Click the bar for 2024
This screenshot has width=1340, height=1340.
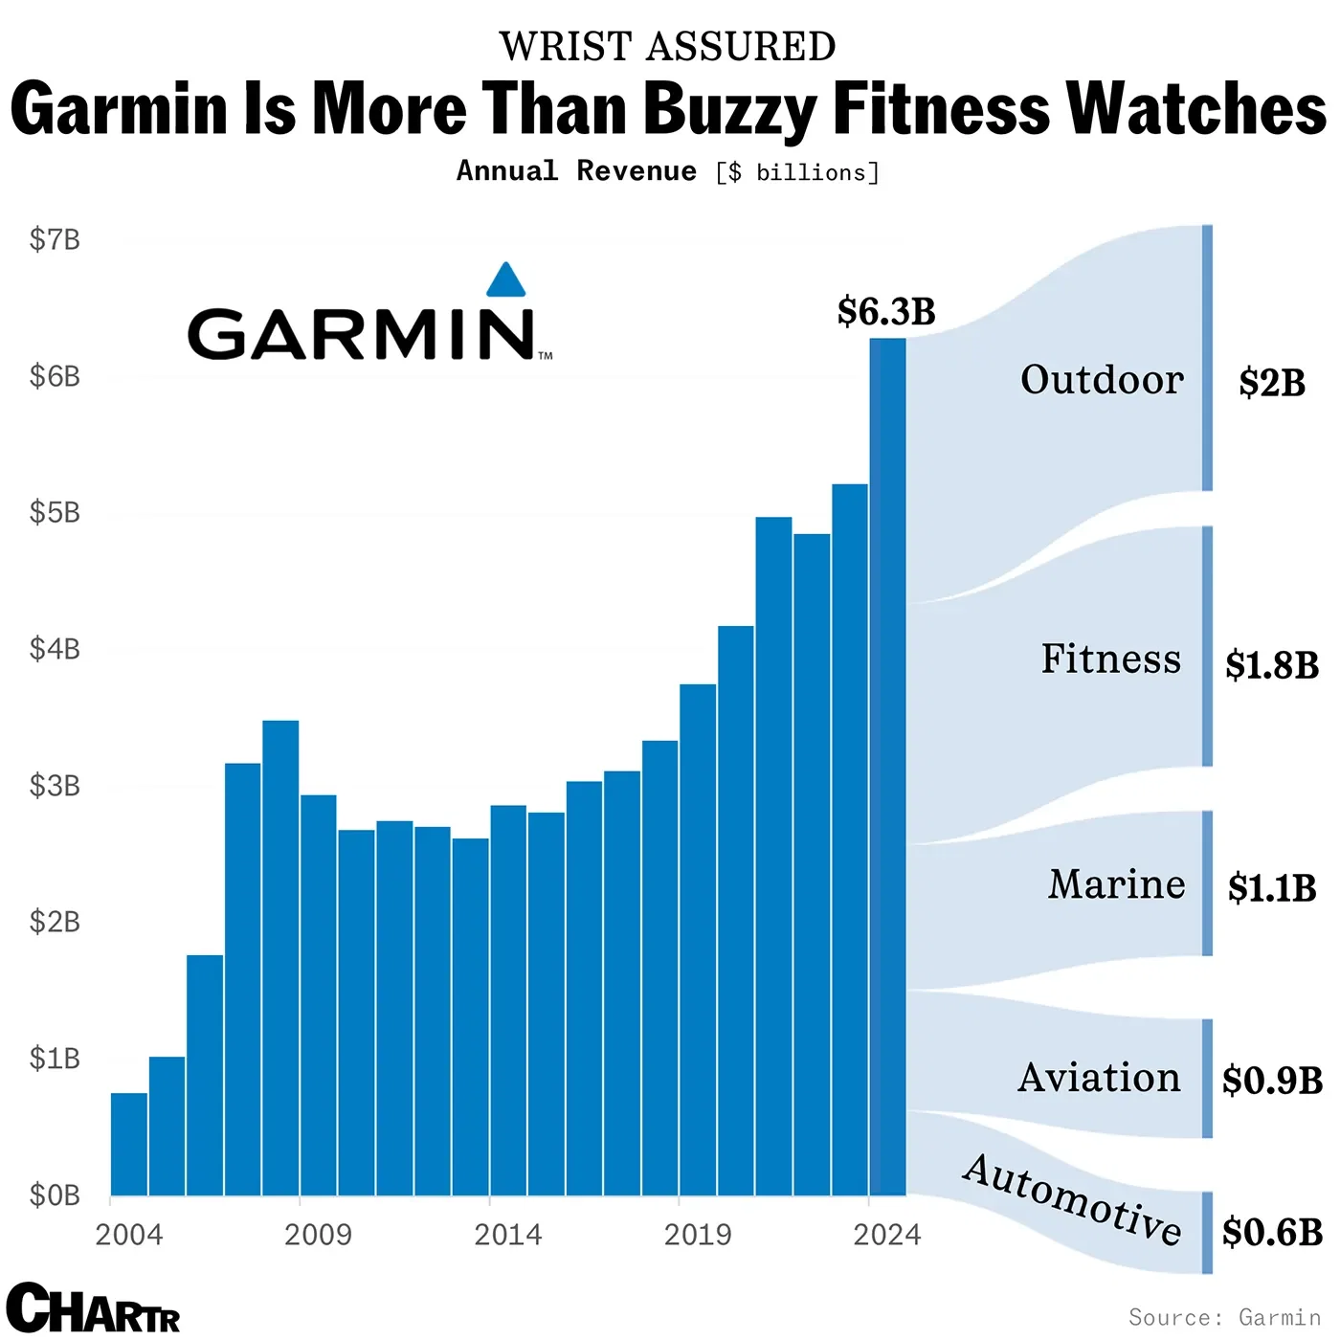(887, 766)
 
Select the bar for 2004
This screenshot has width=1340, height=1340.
(129, 1144)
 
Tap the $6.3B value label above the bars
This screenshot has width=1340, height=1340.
(885, 312)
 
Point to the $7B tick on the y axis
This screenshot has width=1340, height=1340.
(55, 239)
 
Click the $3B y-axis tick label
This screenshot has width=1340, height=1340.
(55, 786)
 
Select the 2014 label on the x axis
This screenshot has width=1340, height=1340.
(507, 1235)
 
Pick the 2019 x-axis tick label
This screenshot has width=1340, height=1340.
(697, 1235)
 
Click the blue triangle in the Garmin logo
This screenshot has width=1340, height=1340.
(505, 280)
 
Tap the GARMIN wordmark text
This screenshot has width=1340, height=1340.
(362, 334)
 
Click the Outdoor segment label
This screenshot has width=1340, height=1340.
(1102, 380)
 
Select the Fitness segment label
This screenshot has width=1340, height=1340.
(1110, 659)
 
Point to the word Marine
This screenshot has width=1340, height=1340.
(1116, 884)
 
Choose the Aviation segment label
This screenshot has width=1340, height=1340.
(1099, 1078)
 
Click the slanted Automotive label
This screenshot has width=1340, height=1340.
(1072, 1198)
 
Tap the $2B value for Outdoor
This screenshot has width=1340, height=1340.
(1271, 383)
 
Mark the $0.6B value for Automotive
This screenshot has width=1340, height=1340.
(1272, 1232)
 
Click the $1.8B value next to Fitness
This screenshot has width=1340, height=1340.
(1272, 665)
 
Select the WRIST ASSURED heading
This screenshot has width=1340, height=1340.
(667, 47)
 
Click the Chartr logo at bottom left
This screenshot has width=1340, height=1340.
(93, 1307)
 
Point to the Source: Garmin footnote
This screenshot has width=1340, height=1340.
(1224, 1317)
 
